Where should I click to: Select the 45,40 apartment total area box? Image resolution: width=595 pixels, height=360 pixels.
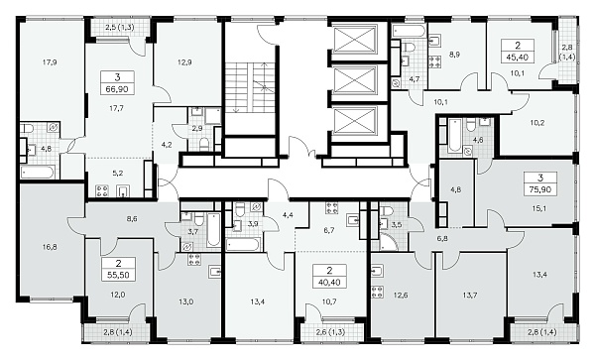(518, 51)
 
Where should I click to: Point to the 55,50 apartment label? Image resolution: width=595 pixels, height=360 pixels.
(118, 269)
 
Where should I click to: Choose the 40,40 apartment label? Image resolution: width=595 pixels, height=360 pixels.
(329, 276)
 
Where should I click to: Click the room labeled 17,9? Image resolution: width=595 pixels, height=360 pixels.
(50, 62)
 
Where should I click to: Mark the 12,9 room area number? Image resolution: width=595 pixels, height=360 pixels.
(184, 62)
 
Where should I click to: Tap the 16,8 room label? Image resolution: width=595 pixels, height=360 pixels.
(50, 247)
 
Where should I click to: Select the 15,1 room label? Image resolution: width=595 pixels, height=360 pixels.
(539, 208)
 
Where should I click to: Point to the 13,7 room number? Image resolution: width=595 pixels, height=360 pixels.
(469, 295)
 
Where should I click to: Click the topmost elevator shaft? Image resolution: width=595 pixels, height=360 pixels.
(354, 39)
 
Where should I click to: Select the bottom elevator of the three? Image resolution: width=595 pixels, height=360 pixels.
(354, 121)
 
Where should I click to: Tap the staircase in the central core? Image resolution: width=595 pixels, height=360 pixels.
(251, 87)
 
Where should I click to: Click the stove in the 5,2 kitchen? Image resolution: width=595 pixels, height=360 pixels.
(102, 190)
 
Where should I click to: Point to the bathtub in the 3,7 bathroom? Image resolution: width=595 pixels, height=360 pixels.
(213, 229)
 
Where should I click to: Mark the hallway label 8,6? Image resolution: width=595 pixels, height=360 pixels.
(132, 218)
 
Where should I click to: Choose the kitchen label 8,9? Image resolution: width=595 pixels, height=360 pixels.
(454, 55)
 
